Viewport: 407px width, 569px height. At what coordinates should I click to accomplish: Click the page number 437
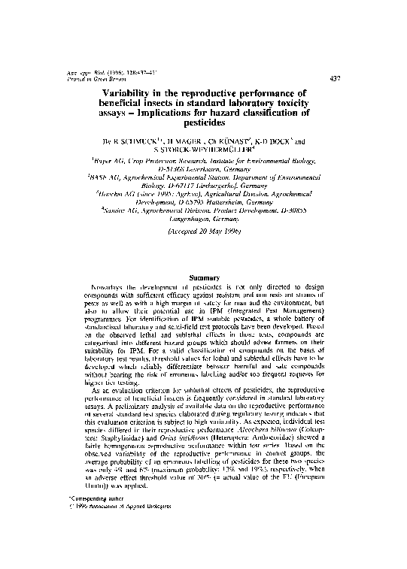click(335, 78)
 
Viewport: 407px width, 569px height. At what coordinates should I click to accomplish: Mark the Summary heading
click(203, 278)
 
